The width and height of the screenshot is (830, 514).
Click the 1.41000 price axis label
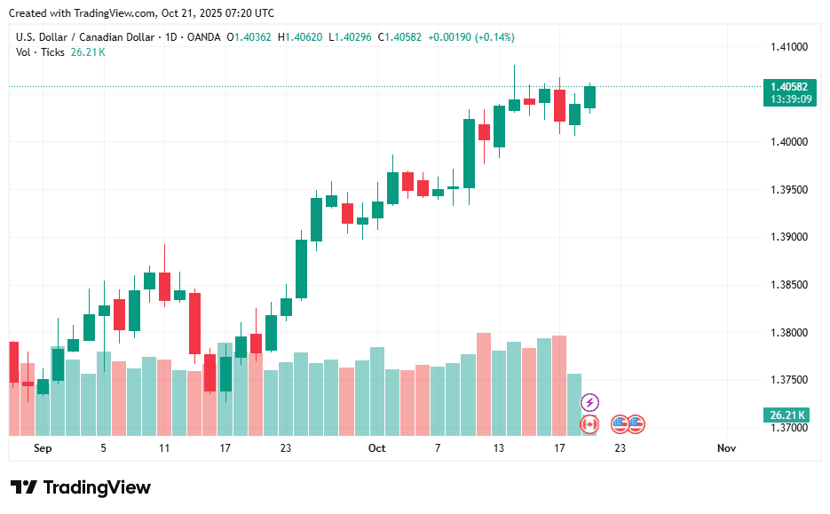(x=789, y=47)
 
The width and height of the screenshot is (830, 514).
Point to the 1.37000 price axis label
(x=789, y=428)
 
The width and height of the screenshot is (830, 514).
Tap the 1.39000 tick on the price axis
(x=789, y=237)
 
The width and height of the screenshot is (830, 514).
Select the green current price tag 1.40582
(x=789, y=86)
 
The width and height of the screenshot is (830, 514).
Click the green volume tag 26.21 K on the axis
(x=787, y=415)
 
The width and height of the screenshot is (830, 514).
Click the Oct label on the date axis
(x=376, y=448)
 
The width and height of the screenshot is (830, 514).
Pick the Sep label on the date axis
(x=43, y=448)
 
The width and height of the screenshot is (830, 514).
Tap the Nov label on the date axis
(x=726, y=448)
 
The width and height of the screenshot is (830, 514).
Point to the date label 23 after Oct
(x=620, y=448)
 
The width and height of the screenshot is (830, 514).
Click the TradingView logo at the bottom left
(x=81, y=487)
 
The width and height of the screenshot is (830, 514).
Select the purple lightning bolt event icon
(x=589, y=403)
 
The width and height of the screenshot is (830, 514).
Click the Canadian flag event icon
(x=589, y=424)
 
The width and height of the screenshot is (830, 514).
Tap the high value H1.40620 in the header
(x=301, y=37)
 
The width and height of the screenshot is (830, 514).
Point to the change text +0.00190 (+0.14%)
(x=470, y=37)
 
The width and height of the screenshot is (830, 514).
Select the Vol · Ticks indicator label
(x=40, y=52)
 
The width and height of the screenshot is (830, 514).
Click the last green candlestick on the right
(x=589, y=97)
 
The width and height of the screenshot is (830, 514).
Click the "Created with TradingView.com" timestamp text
(x=141, y=13)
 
